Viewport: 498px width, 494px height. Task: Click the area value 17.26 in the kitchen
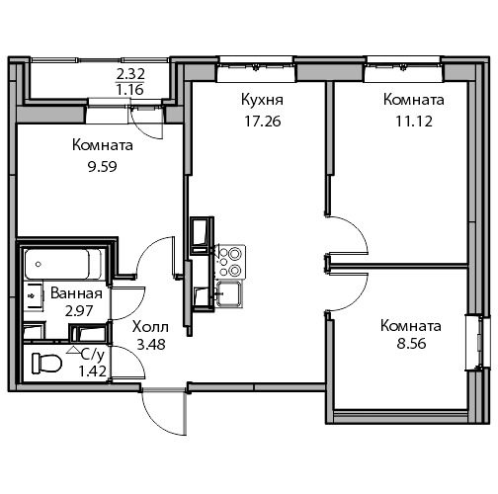[x=263, y=122]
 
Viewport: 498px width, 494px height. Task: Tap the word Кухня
[x=262, y=100]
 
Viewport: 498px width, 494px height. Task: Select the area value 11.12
[x=414, y=122]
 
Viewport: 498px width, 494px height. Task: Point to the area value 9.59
[x=103, y=167]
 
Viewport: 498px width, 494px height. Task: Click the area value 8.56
[x=411, y=344]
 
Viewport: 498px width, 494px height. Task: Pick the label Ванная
[x=76, y=293]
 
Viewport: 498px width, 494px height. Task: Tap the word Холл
[x=150, y=327]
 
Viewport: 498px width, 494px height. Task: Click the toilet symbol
[x=46, y=364]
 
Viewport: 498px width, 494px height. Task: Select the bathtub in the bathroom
[x=63, y=264]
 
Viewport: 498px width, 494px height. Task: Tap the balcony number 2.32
[x=130, y=74]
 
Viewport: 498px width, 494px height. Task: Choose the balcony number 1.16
[x=130, y=89]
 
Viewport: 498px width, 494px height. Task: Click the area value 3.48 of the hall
[x=151, y=345]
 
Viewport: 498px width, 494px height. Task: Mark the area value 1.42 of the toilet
[x=93, y=371]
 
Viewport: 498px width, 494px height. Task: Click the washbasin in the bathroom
[x=34, y=295]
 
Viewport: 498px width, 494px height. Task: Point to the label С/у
[x=93, y=355]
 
